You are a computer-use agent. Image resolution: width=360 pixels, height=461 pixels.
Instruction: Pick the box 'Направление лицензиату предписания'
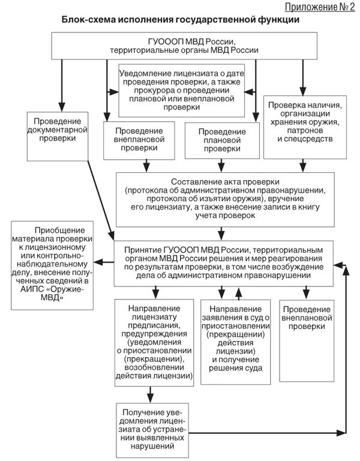[154, 342]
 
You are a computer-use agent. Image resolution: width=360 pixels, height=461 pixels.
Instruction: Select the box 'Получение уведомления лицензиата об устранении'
[153, 429]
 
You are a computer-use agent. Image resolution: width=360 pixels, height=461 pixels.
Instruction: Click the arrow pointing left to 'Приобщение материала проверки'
[106, 262]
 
